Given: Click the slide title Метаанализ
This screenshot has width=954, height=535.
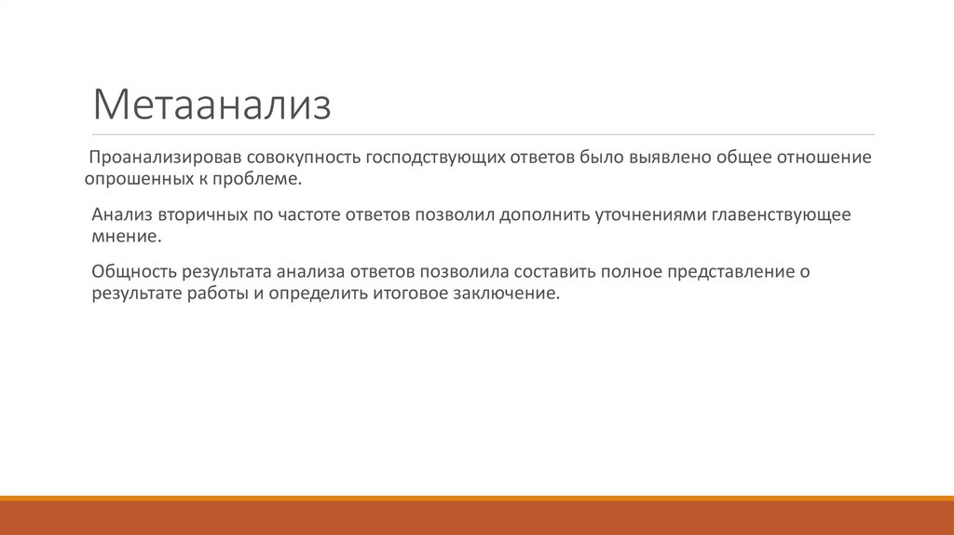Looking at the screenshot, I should pos(211,105).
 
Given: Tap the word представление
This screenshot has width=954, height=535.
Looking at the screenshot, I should pos(724,272).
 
